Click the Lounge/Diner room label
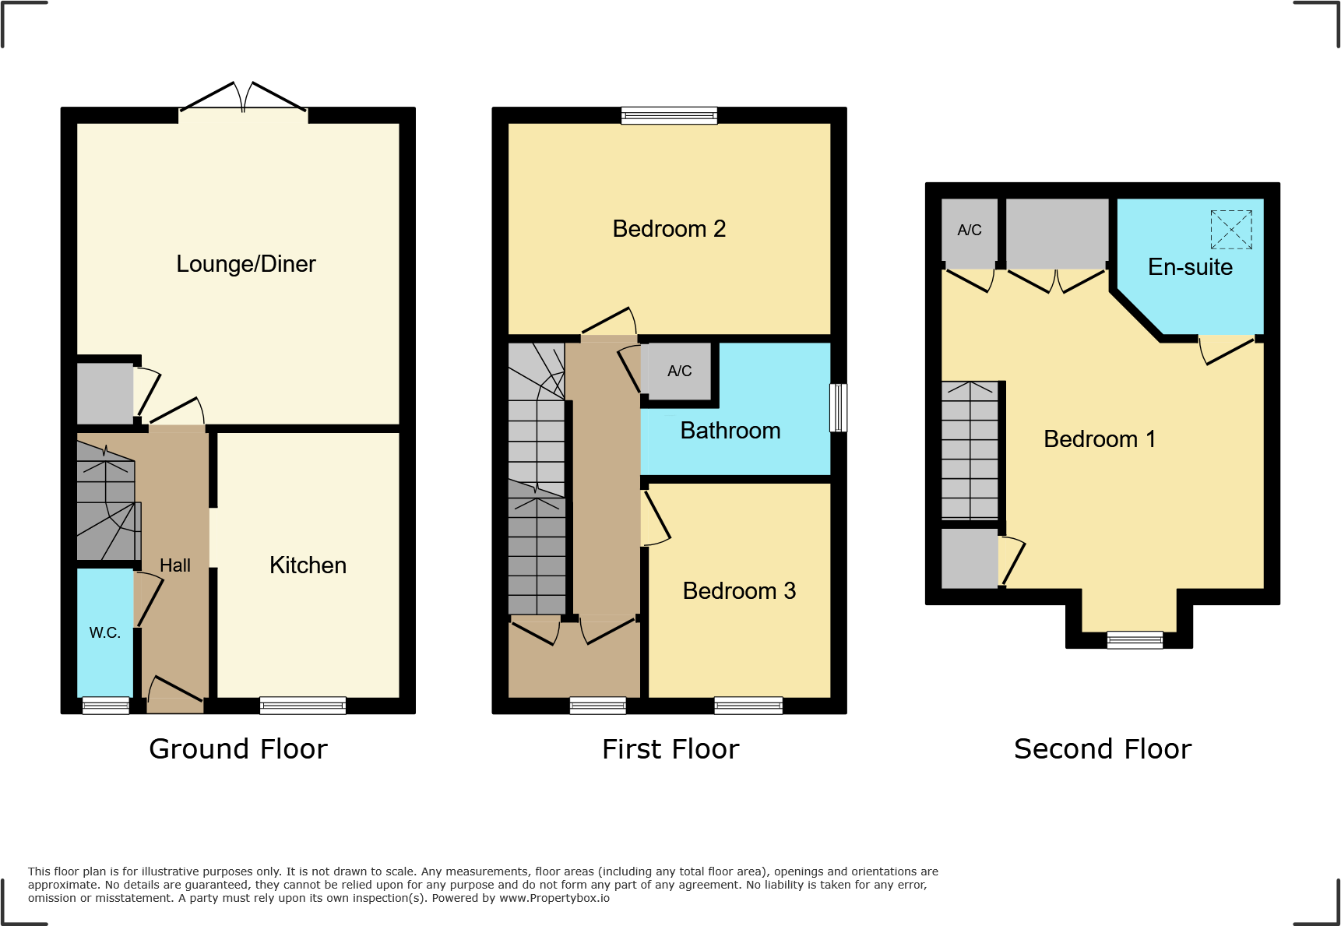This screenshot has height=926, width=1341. coord(246,264)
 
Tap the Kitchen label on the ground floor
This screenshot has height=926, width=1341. coord(308,565)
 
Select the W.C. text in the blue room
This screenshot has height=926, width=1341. coord(104,633)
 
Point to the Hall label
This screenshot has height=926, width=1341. coord(175,565)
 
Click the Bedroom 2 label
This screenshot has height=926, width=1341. coord(669,229)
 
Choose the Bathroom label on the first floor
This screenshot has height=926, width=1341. coord(730,431)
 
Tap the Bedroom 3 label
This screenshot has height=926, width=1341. coord(739,591)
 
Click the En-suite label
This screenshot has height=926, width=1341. coord(1190,267)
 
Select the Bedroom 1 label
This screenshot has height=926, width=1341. coord(1099,439)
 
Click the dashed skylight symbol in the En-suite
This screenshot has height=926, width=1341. coord(1231,230)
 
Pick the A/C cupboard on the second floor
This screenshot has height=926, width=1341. coord(970,231)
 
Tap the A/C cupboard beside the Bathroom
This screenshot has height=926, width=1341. coord(679,371)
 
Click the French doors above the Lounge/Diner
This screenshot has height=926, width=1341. coord(243,100)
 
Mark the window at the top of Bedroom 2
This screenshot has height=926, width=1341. coord(669,116)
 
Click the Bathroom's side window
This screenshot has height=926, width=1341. coord(838,407)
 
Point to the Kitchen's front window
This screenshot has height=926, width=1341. coord(303,706)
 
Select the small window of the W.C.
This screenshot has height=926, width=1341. coord(106,706)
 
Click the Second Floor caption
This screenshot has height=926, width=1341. coord(1102,749)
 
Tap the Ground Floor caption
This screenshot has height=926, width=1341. coord(238,749)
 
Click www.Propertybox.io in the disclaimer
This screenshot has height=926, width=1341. coord(554,898)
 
